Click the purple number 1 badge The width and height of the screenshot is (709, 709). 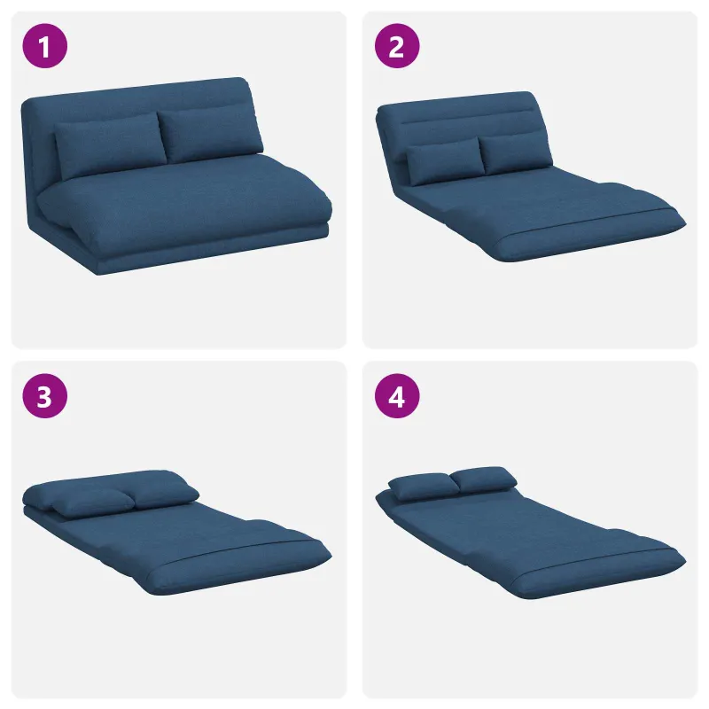coord(45,46)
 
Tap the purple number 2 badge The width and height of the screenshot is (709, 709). coord(397,46)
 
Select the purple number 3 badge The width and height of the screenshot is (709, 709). coord(45,395)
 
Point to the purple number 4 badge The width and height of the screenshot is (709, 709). coord(397,395)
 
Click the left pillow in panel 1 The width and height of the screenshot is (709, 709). coord(110,145)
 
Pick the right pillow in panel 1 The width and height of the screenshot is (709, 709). coord(210,134)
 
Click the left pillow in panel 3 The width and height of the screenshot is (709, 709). coord(93,502)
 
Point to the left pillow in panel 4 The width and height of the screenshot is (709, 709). coord(424,487)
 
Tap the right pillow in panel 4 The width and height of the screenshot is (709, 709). coord(484,479)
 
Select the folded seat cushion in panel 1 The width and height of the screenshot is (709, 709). coord(185,199)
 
